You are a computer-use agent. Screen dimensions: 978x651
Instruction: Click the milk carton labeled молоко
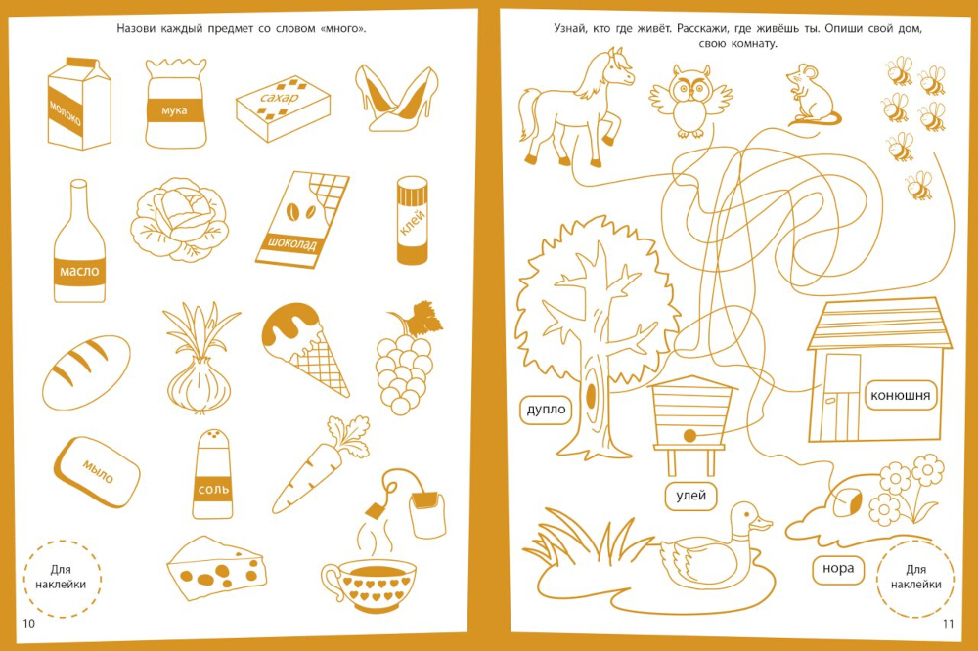pos(78,104)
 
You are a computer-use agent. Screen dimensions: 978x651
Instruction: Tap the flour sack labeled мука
pos(175,104)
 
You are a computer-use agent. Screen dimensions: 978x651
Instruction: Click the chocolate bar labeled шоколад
pos(302,219)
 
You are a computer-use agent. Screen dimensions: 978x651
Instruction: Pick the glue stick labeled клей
pos(413,220)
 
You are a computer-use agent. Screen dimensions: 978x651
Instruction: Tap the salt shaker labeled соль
pos(212,474)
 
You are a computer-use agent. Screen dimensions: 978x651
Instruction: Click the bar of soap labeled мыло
pos(97,471)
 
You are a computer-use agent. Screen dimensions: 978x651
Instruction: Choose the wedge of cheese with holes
pos(216,568)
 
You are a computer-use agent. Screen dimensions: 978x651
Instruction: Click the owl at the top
pos(690,100)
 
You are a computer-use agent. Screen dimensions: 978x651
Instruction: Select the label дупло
pos(546,410)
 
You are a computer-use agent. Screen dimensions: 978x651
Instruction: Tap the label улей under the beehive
pos(691,496)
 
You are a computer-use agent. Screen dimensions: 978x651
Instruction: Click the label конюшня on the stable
pos(900,395)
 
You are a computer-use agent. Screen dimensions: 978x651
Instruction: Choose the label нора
pos(838,569)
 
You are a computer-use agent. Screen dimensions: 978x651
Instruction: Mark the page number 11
pos(948,623)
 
